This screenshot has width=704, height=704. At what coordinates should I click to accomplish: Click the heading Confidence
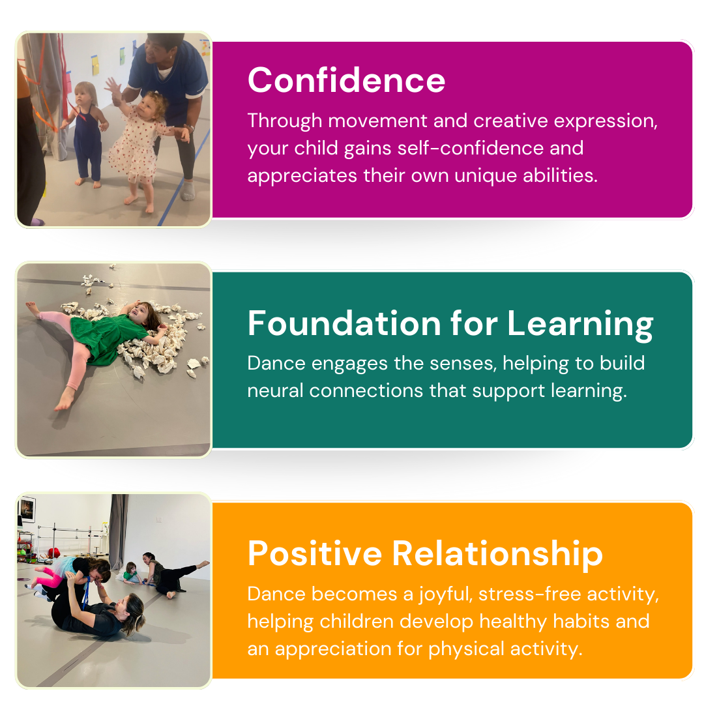[x=346, y=80]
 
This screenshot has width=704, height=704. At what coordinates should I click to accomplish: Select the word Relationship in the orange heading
[x=497, y=554]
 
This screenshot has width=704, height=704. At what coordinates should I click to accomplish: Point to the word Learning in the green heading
[x=580, y=325]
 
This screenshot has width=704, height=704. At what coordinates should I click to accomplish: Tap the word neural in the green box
[x=275, y=390]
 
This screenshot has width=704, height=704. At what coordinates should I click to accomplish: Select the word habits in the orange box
[x=581, y=621]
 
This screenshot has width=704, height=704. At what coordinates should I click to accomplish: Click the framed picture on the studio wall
[x=27, y=509]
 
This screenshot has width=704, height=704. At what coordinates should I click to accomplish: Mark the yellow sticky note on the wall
[x=95, y=66]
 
